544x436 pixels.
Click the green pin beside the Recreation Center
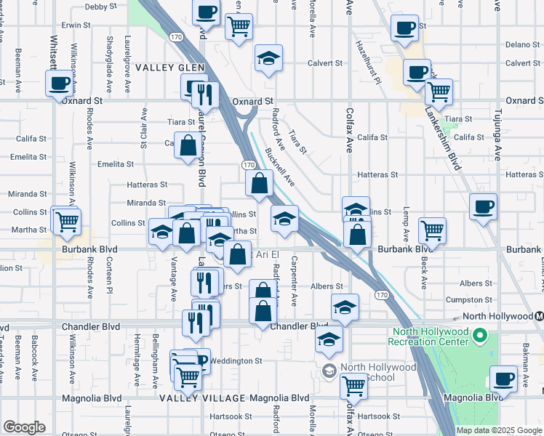coord(479,336)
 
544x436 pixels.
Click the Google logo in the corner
coord(24,427)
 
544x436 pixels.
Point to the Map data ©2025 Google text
coord(498,430)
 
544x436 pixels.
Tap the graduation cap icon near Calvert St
coord(268,57)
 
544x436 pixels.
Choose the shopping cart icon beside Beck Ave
coord(432,230)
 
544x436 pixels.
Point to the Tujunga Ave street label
coord(498,138)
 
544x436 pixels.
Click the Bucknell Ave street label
coord(280,166)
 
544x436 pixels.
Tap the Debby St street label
coord(100,7)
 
